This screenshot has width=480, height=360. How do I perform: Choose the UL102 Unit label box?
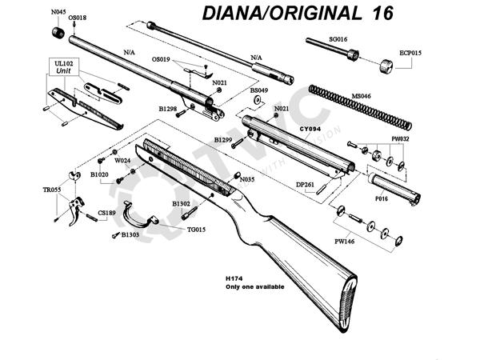point(63,67)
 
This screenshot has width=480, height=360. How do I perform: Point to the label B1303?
point(130,235)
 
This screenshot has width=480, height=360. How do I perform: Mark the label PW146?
point(344,239)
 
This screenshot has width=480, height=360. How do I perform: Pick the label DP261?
point(306,184)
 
